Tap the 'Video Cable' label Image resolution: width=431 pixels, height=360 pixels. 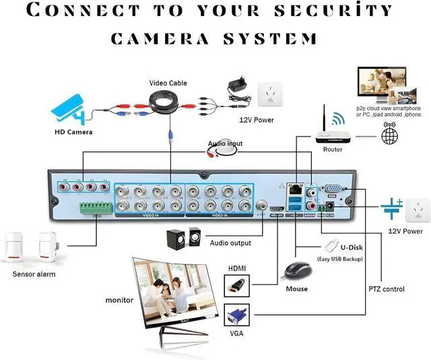tap(168, 83)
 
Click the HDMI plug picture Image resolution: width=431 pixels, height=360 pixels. tap(236, 285)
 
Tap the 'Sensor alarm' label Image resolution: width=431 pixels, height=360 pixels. tap(34, 274)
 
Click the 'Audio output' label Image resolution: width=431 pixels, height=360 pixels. tap(231, 243)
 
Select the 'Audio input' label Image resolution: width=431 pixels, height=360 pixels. tap(226, 143)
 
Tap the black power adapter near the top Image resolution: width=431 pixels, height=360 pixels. tap(238, 86)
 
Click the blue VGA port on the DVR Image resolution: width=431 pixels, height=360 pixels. tap(333, 190)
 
